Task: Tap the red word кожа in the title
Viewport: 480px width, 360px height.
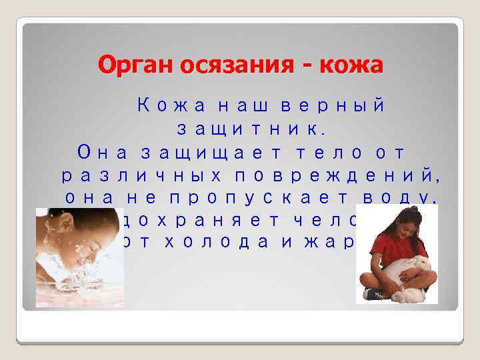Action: [x=351, y=65]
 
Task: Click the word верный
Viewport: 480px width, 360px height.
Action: [x=332, y=105]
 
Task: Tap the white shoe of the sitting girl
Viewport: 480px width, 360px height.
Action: [x=371, y=293]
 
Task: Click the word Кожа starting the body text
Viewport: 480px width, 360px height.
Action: [x=164, y=105]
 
